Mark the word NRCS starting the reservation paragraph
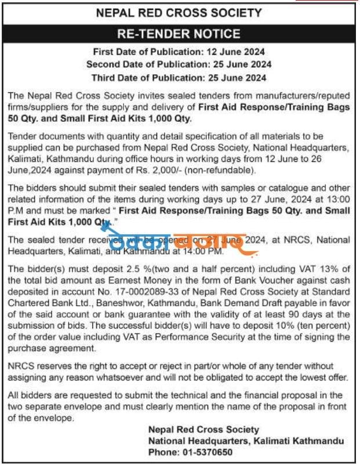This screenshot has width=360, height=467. tap(21, 367)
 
